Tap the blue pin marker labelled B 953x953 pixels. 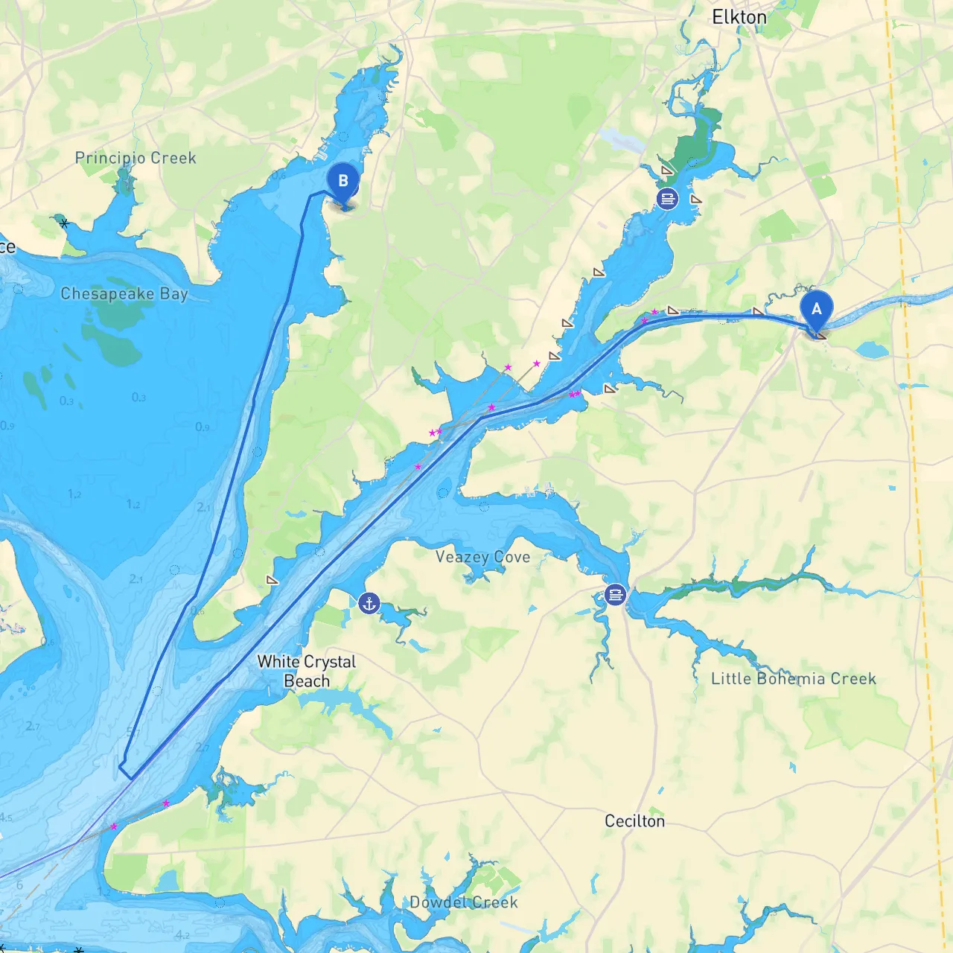click(x=343, y=182)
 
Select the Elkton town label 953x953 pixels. click(x=739, y=17)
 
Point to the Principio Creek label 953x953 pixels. click(x=136, y=158)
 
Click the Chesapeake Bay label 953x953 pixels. click(x=124, y=293)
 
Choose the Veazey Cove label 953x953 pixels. click(x=482, y=557)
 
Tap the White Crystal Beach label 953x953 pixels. click(x=307, y=671)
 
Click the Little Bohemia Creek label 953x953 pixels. click(x=794, y=678)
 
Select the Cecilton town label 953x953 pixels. click(x=634, y=820)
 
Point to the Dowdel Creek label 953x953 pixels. click(x=464, y=902)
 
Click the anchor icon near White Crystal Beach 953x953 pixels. click(x=369, y=603)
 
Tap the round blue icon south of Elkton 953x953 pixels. click(x=667, y=198)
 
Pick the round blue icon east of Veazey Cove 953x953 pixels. click(x=615, y=594)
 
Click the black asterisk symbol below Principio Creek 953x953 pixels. click(x=65, y=223)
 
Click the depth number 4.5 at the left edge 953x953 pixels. click(x=5, y=817)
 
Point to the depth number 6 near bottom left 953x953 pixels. click(x=19, y=885)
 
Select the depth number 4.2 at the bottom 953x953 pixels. click(x=182, y=935)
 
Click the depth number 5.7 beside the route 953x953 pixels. click(x=133, y=731)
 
